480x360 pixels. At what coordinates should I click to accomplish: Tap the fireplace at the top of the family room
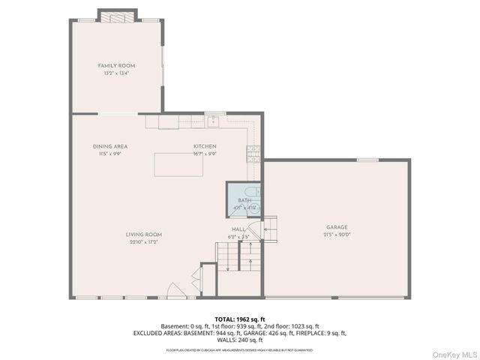(118, 16)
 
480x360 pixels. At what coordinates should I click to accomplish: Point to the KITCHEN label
(205, 146)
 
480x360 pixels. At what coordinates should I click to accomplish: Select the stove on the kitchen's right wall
(253, 154)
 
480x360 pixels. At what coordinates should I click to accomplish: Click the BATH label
(244, 200)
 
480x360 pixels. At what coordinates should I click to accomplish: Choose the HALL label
(238, 229)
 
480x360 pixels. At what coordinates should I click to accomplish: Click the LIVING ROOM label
(144, 235)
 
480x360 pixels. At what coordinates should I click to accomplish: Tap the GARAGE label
(337, 227)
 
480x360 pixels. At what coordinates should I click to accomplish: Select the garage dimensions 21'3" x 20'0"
(337, 234)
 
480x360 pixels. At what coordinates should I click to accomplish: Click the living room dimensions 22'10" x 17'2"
(144, 241)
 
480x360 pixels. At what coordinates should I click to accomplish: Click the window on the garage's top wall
(367, 160)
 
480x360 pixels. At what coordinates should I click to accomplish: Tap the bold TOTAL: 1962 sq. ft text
(240, 319)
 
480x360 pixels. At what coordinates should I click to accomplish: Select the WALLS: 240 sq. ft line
(240, 339)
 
